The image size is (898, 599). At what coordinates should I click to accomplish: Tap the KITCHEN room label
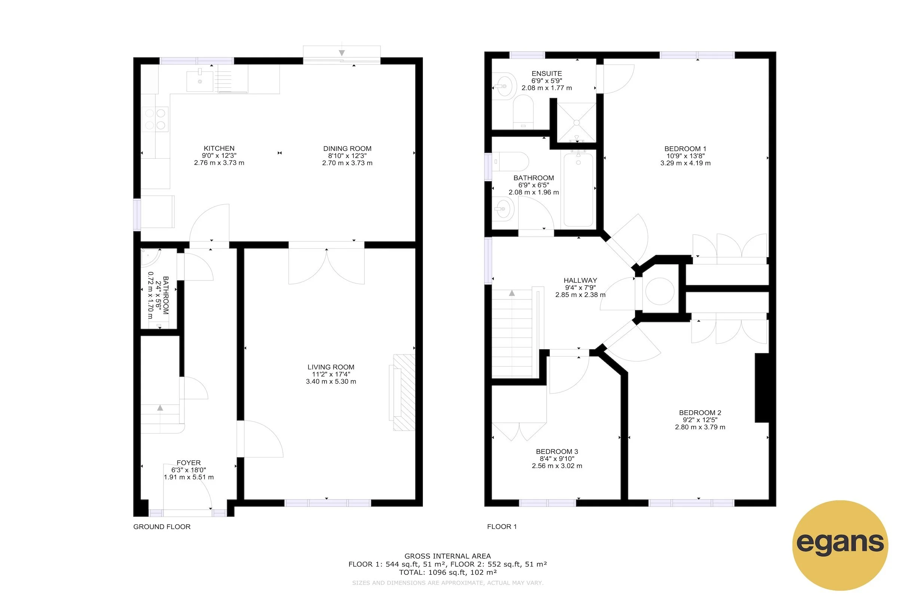click(x=219, y=148)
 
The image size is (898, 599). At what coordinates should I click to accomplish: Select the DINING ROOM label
click(x=347, y=149)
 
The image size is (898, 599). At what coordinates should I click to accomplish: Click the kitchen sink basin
click(x=200, y=81)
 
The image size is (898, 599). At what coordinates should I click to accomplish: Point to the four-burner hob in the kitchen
click(x=155, y=119)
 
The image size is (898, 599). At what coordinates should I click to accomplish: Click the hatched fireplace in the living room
click(x=404, y=392)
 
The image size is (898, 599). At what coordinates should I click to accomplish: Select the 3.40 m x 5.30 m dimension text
click(x=331, y=381)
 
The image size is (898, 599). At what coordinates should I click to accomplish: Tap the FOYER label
click(x=188, y=463)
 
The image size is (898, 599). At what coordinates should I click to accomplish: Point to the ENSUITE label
click(x=546, y=73)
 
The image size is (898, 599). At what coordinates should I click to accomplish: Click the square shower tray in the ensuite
click(x=577, y=122)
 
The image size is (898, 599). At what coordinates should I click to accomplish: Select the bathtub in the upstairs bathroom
click(x=578, y=189)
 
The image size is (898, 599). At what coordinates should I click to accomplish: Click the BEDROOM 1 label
click(x=685, y=149)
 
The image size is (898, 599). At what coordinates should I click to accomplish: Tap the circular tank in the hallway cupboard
click(x=659, y=291)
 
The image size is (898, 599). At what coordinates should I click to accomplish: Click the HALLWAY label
click(x=580, y=280)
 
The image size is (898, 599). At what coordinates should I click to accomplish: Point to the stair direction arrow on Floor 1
click(x=511, y=293)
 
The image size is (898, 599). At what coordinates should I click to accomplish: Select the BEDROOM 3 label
click(x=557, y=451)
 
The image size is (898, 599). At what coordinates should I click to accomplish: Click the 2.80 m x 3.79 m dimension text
click(x=699, y=427)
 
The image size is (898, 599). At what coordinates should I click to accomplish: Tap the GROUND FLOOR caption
click(x=162, y=526)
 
